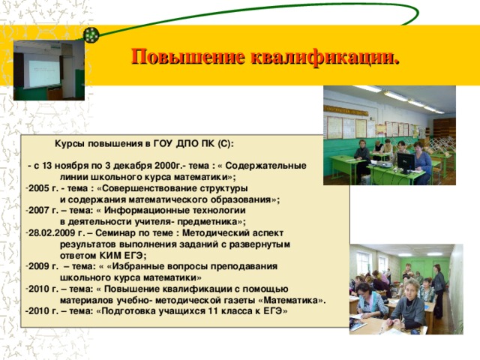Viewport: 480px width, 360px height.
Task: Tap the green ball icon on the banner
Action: coord(91,34)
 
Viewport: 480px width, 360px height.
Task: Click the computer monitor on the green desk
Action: coord(406,160)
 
